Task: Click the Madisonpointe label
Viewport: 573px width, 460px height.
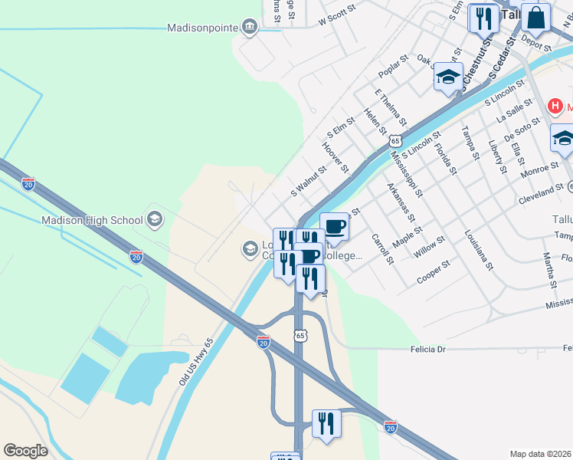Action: click(203, 28)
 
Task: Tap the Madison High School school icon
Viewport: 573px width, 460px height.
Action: click(154, 221)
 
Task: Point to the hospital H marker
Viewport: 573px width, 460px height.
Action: click(555, 107)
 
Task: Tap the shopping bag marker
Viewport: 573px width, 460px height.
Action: click(537, 18)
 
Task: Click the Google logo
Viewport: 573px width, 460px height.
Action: click(25, 451)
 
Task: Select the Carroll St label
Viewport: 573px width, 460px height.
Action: click(382, 249)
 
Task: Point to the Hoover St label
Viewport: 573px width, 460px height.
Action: click(336, 157)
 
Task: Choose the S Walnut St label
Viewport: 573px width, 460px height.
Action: click(308, 179)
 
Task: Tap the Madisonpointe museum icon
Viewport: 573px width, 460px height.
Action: click(250, 28)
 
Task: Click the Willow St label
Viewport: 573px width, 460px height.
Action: click(429, 246)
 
